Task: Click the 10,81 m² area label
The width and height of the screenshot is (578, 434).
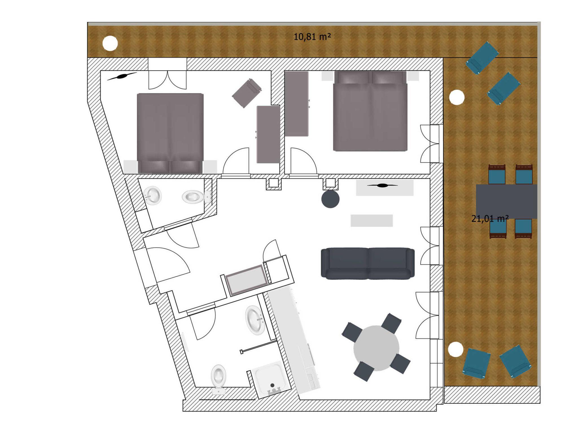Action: [312, 37]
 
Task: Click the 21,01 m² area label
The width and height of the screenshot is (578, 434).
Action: [490, 218]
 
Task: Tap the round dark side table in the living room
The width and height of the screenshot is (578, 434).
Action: [330, 199]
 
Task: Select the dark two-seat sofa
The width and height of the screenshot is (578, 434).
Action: [368, 264]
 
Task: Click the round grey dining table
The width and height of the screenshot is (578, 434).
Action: [376, 348]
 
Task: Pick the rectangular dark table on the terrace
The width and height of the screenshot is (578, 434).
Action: [506, 201]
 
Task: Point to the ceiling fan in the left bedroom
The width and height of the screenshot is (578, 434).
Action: [122, 76]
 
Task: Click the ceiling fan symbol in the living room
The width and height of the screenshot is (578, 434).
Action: [382, 185]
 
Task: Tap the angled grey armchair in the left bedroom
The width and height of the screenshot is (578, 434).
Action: [247, 93]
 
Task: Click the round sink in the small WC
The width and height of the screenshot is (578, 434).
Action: [152, 195]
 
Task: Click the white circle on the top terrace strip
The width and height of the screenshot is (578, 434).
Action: [110, 43]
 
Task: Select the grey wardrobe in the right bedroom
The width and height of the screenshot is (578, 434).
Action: [296, 104]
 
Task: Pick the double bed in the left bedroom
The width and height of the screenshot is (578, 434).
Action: [170, 133]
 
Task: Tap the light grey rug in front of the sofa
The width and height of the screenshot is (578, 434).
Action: [372, 221]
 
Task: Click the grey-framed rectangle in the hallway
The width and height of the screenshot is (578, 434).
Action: [247, 280]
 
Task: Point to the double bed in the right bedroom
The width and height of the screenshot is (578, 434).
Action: [370, 111]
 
